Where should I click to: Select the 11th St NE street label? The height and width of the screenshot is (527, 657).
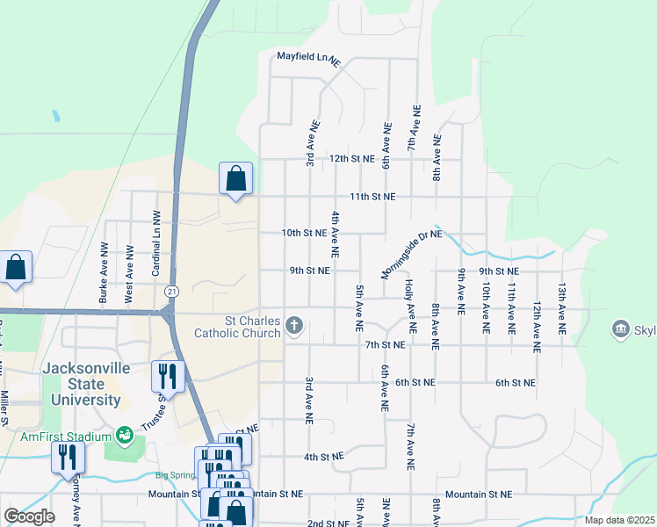tap(372, 197)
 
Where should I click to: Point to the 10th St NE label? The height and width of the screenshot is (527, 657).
tap(304, 234)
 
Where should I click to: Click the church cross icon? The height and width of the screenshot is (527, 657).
tap(294, 328)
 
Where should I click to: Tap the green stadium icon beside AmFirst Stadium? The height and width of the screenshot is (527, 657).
tap(125, 436)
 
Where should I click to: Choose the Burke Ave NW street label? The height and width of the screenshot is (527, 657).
tap(104, 273)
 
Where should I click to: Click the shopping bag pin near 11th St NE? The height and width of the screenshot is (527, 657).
tap(235, 179)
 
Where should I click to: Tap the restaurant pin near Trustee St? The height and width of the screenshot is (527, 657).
tap(167, 377)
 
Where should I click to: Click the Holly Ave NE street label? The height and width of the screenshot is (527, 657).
tap(409, 300)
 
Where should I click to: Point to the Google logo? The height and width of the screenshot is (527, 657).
tap(29, 516)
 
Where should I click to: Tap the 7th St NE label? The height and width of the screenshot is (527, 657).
tap(386, 345)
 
